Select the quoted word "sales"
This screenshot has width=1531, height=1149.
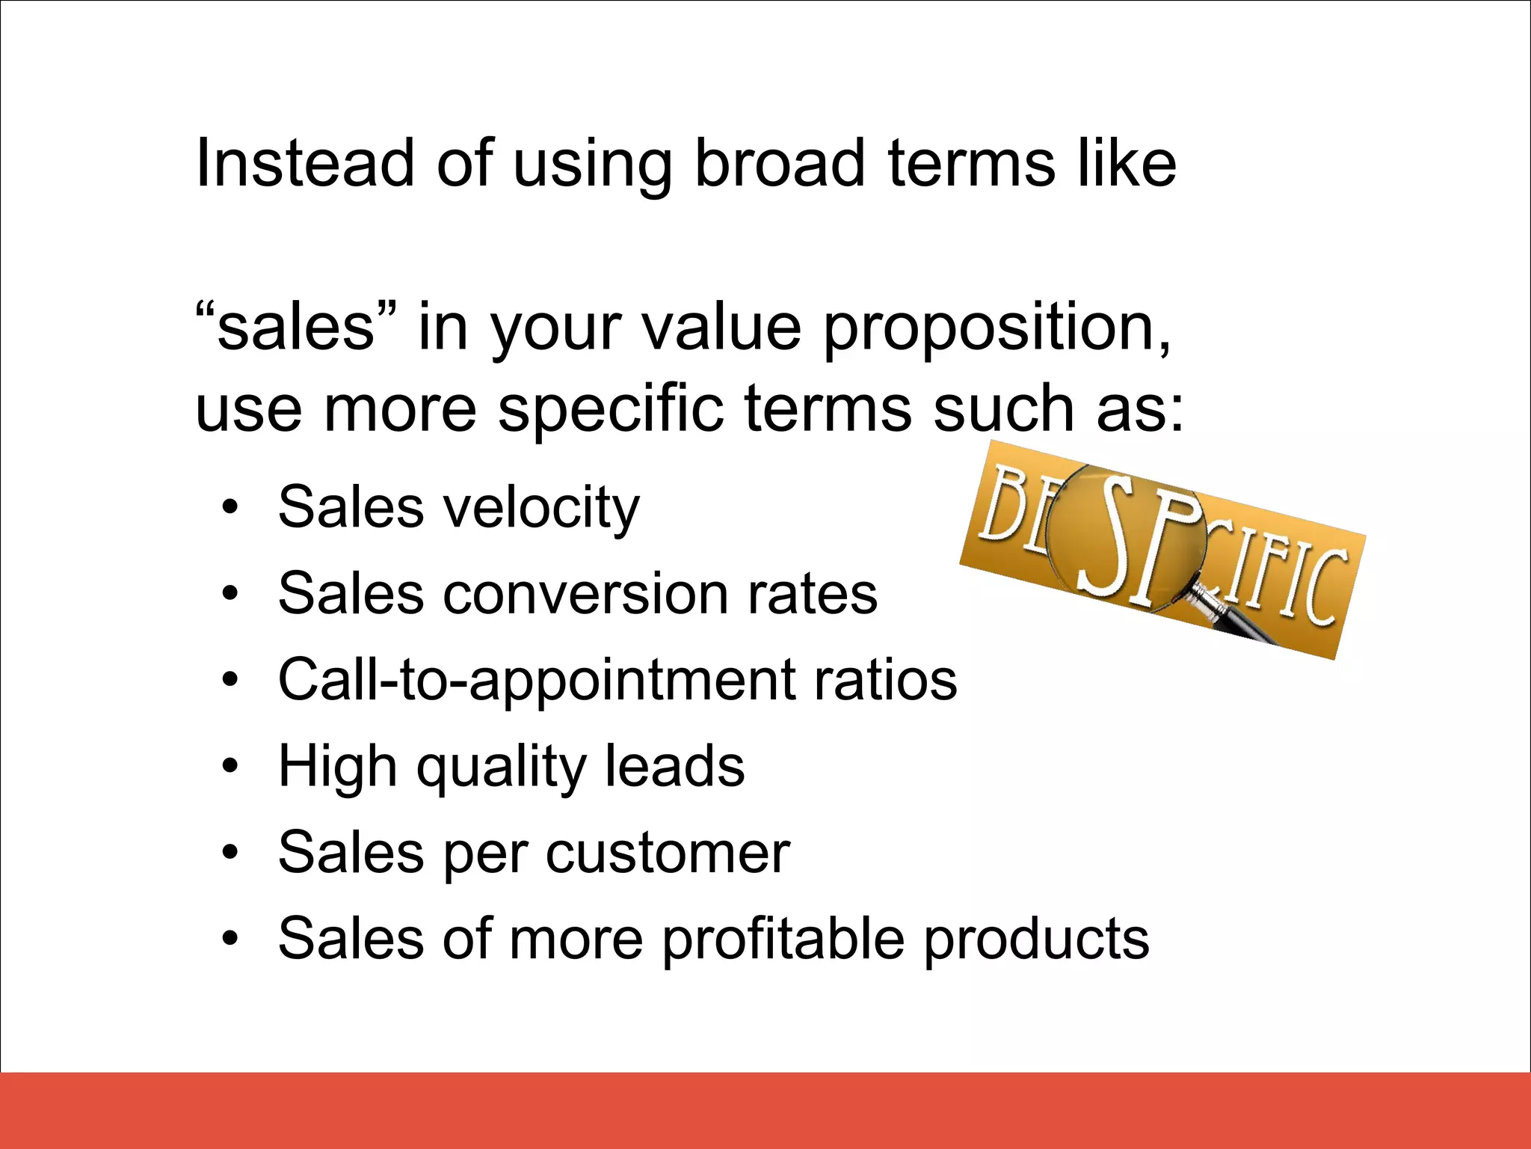(296, 327)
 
